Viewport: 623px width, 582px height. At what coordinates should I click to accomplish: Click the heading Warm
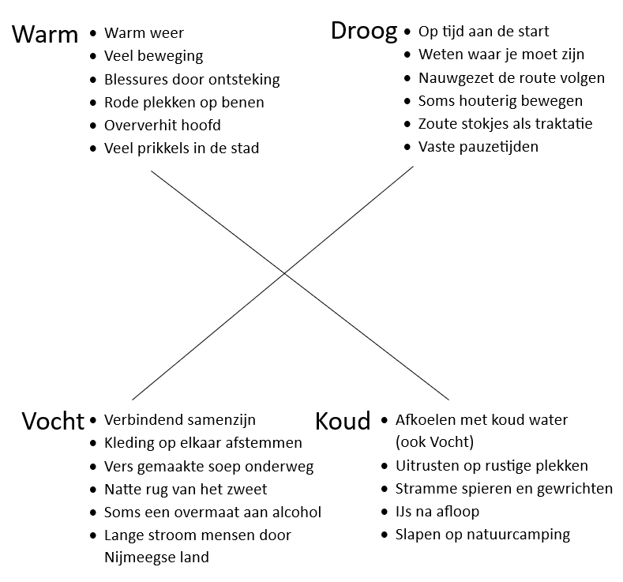[x=45, y=35]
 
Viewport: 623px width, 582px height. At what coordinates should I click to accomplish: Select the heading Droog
[x=363, y=32]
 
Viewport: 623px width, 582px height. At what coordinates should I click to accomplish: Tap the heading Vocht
[x=52, y=421]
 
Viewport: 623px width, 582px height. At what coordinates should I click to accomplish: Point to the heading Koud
[x=342, y=421]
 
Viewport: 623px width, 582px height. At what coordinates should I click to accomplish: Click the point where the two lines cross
[x=285, y=274]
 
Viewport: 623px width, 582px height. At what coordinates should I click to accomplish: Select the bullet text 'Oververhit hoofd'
[x=163, y=125]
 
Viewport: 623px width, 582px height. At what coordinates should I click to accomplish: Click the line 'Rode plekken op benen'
[x=184, y=102]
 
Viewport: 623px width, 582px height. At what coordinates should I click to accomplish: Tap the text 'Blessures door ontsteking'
[x=192, y=79]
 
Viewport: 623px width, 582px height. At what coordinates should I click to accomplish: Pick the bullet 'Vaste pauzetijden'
[x=479, y=147]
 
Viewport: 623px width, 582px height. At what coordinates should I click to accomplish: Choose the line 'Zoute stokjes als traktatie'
[x=505, y=124]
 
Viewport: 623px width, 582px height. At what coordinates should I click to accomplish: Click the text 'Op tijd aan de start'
[x=483, y=32]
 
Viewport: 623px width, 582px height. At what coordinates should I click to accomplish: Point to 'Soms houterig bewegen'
[x=501, y=101]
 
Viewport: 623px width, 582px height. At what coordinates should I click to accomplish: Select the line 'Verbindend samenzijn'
[x=180, y=420]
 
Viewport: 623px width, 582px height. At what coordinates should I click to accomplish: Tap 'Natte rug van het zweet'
[x=186, y=490]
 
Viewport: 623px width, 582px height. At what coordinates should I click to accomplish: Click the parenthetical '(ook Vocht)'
[x=434, y=442]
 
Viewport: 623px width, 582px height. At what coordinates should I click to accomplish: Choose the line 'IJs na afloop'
[x=437, y=512]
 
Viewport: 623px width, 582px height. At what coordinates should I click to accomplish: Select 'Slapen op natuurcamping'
[x=482, y=535]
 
